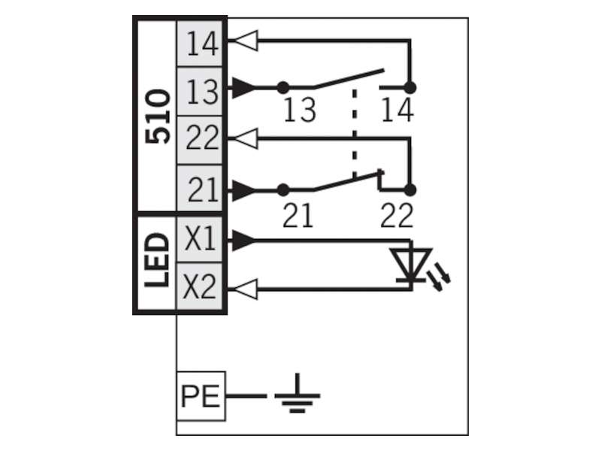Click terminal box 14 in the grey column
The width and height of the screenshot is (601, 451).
[200, 44]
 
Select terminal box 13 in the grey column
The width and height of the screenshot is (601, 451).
[200, 92]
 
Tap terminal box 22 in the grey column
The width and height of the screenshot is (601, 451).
[200, 140]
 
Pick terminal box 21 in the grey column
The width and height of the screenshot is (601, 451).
[200, 188]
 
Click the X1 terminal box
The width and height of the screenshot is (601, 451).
[200, 239]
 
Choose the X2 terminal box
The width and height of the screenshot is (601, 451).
[200, 286]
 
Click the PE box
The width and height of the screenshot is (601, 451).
[201, 396]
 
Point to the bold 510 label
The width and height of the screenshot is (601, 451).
[158, 117]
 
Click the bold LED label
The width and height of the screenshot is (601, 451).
[157, 260]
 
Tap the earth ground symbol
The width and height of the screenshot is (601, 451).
[297, 394]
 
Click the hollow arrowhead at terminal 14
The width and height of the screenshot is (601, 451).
[246, 41]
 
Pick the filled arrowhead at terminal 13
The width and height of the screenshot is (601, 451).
[243, 88]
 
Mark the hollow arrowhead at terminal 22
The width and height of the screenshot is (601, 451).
[246, 138]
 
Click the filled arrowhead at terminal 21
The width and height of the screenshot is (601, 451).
[243, 190]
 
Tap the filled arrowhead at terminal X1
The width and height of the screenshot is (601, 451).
[243, 241]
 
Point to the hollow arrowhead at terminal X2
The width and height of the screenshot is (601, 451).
[246, 289]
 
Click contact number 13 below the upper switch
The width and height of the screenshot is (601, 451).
[300, 110]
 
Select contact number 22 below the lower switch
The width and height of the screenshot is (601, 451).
[397, 215]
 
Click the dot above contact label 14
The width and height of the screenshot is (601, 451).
[410, 88]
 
